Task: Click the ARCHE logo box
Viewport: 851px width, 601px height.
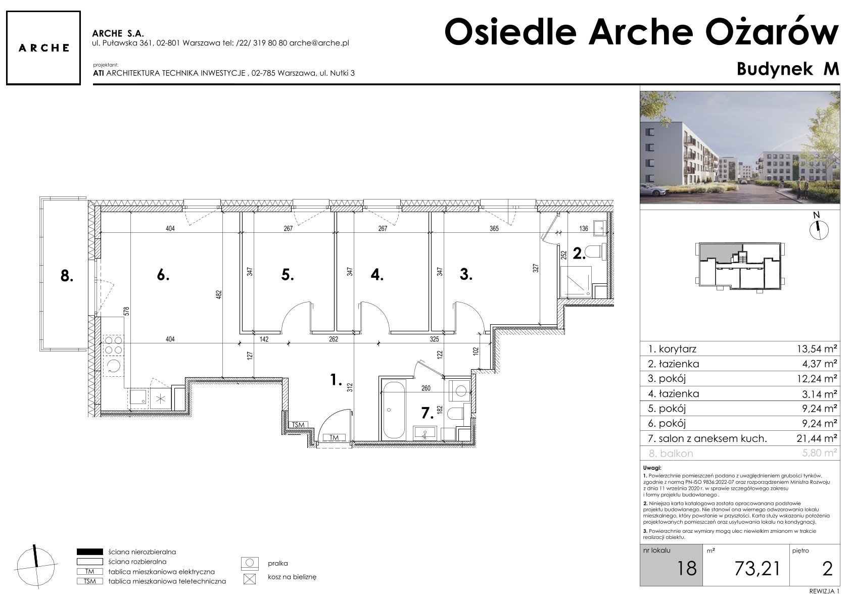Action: point(43,48)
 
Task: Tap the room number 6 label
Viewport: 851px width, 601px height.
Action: point(163,275)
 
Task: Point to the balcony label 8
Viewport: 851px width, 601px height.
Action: point(67,276)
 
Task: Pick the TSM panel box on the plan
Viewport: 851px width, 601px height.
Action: point(298,425)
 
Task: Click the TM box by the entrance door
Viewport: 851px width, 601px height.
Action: point(334,437)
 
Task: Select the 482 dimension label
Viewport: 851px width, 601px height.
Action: point(219,294)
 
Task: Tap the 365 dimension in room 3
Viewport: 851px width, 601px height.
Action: point(494,229)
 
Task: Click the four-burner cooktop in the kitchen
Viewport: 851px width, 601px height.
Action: point(113,345)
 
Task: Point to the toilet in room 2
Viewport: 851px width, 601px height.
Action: point(593,252)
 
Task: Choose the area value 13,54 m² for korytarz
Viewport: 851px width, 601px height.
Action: point(817,348)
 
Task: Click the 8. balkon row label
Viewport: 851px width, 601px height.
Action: point(671,453)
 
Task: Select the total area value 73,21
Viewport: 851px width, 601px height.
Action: point(758,569)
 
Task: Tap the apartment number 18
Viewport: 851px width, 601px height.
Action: point(687,569)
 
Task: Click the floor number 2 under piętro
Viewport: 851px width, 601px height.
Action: point(827,569)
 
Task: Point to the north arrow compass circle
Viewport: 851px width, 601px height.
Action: point(819,230)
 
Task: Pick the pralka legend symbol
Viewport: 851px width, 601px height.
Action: point(250,564)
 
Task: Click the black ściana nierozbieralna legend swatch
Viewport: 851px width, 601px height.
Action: point(89,552)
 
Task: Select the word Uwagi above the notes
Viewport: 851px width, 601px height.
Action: point(652,468)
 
